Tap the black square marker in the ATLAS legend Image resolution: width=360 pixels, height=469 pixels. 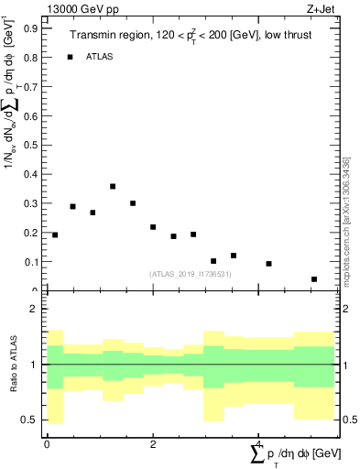click(x=70, y=57)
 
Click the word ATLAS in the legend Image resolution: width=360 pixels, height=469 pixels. click(x=100, y=57)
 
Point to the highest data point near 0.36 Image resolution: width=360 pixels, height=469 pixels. click(x=113, y=186)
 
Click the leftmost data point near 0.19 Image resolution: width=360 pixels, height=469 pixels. click(x=55, y=235)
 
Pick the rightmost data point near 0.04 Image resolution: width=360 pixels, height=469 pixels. click(x=314, y=279)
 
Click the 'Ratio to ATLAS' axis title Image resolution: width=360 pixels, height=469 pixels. click(x=13, y=365)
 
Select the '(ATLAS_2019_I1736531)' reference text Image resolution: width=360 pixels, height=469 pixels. click(x=191, y=274)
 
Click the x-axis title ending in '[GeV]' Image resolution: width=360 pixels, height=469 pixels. click(x=295, y=453)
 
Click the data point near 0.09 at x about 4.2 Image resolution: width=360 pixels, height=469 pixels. click(x=268, y=264)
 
